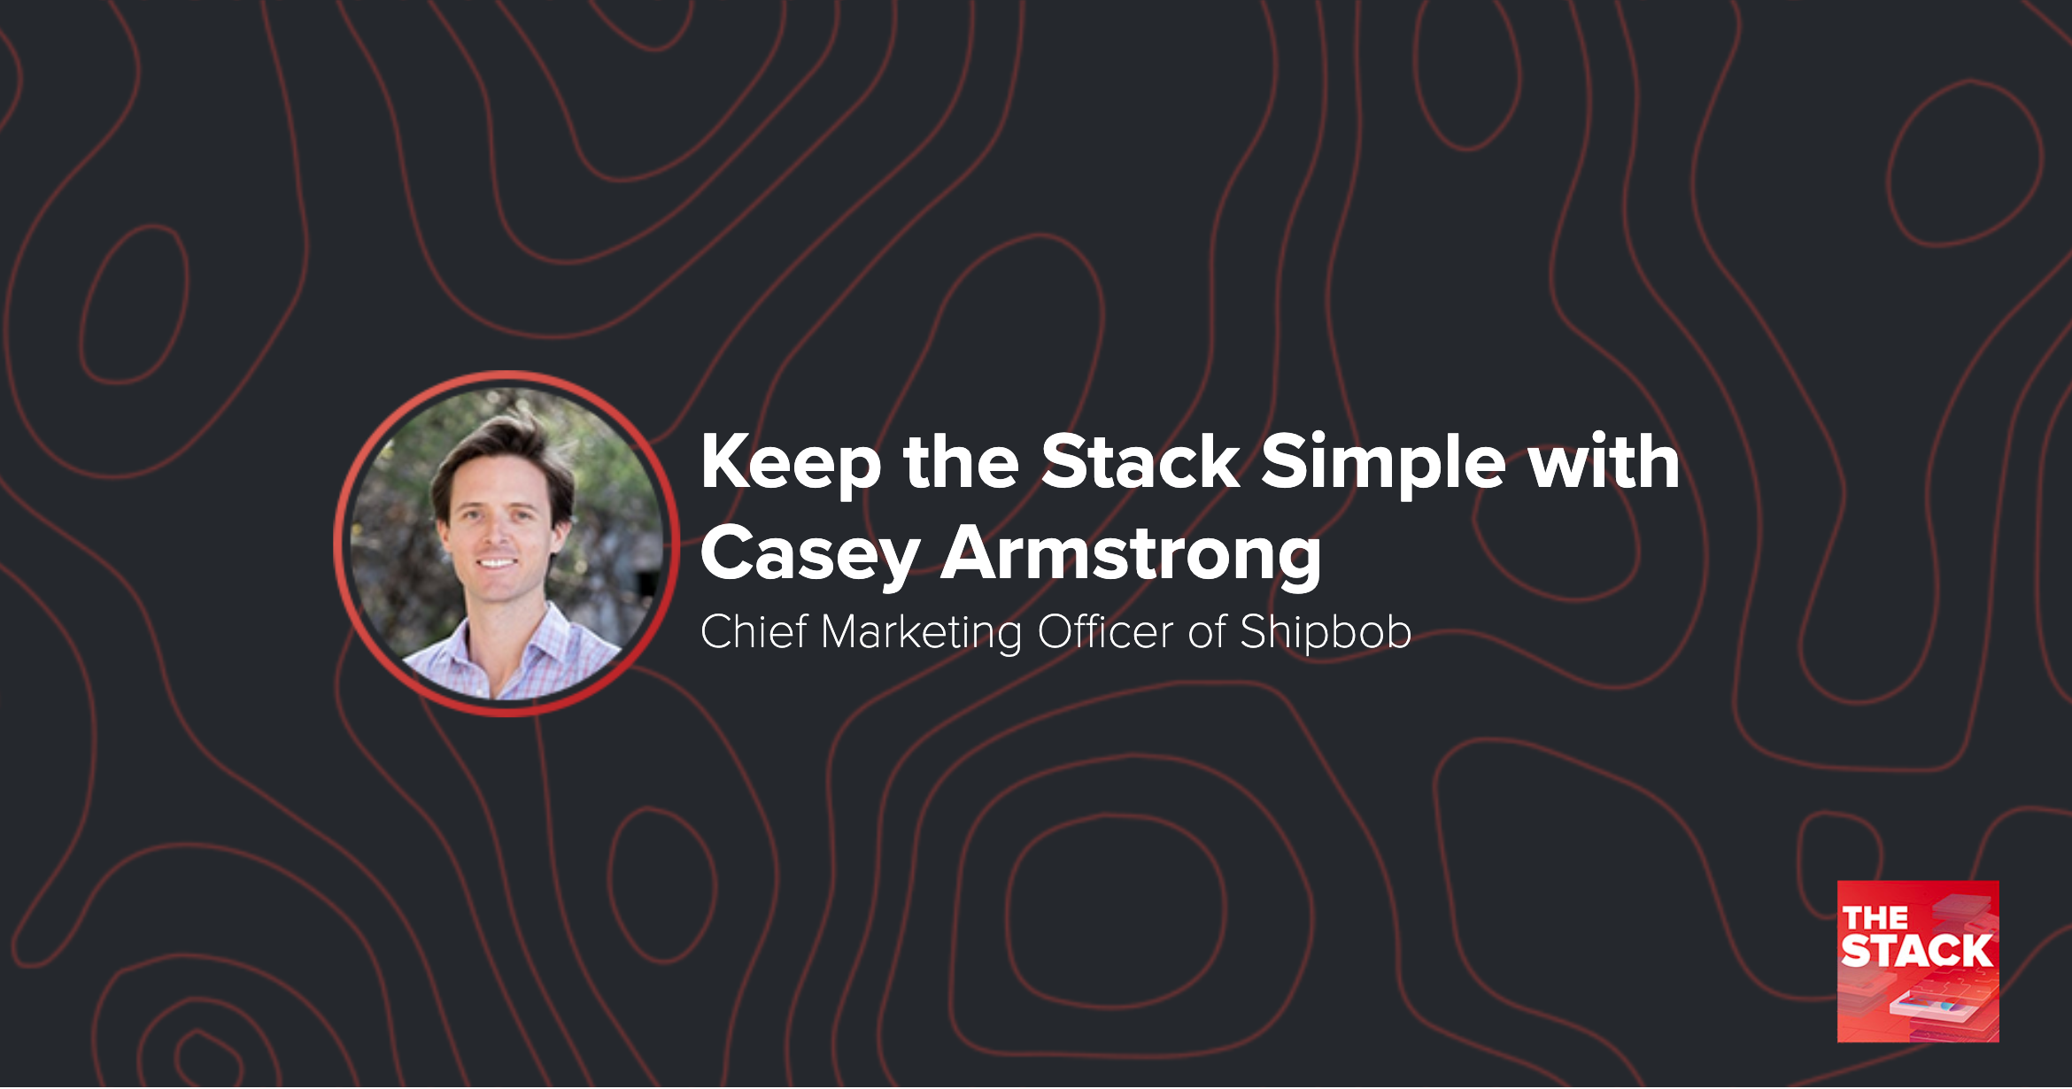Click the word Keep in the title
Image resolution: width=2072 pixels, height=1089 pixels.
point(791,464)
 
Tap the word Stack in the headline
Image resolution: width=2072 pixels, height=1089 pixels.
point(1140,462)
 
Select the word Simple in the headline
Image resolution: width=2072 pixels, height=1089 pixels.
point(1382,464)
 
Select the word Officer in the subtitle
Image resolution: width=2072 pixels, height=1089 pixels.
point(1105,632)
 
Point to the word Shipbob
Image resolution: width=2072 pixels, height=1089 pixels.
point(1325,634)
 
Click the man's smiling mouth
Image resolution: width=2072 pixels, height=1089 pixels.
point(497,563)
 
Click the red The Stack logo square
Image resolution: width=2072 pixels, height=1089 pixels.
point(1918,962)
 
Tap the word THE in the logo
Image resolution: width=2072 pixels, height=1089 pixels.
point(1875,918)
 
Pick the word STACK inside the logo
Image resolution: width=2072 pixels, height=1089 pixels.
point(1917,952)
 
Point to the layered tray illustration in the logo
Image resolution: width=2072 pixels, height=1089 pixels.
point(1930,1007)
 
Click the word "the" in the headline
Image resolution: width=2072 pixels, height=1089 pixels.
point(961,462)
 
